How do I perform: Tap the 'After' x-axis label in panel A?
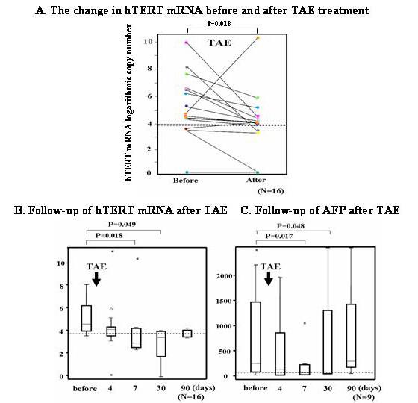tap(257, 181)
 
